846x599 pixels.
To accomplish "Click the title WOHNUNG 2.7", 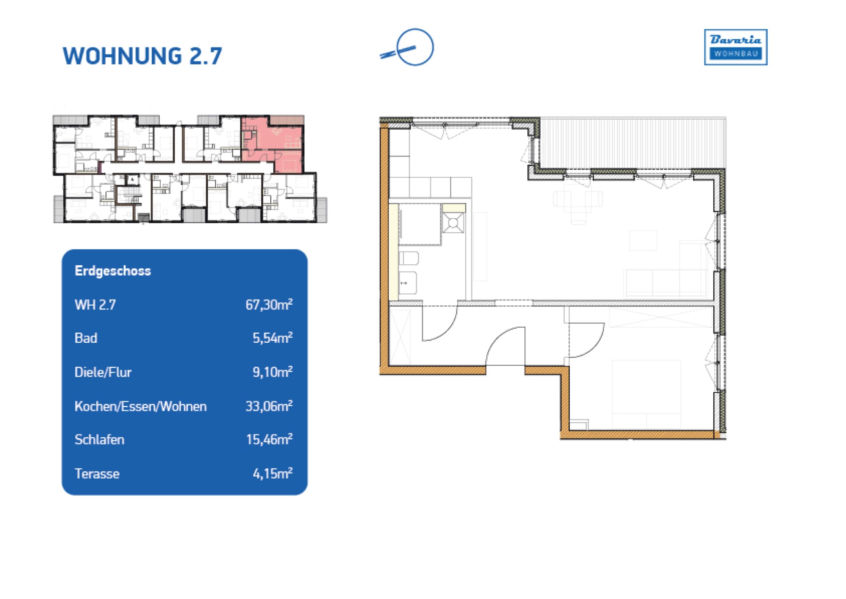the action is pos(142,56).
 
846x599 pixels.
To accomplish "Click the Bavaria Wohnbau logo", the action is pos(736,47).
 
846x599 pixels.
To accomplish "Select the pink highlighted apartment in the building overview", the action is pos(273,143).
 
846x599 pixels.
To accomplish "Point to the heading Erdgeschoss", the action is pos(113,271).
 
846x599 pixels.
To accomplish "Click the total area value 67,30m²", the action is pos(269,304).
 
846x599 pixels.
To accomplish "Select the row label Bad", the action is pos(86,338).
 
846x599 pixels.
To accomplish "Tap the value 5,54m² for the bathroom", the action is pos(273,338).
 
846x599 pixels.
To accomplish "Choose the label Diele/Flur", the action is pos(103,372).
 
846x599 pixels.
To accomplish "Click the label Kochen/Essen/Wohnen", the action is pos(141,406).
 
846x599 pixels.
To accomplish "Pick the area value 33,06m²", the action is pos(269,406).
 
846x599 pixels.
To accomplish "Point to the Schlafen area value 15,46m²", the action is pos(269,439).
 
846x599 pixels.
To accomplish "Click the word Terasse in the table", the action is pos(97,473).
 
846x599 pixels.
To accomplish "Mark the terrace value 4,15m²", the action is pos(273,473).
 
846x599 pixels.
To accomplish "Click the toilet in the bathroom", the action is pos(408,258).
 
